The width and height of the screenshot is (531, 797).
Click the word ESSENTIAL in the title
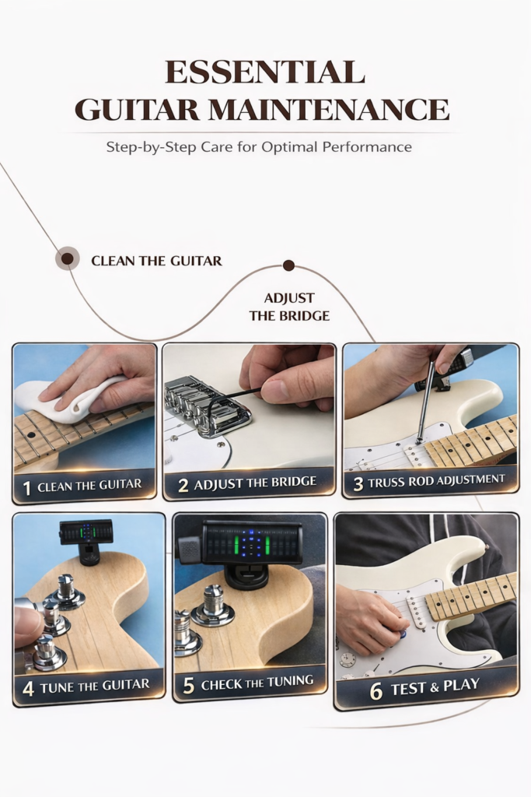(265, 72)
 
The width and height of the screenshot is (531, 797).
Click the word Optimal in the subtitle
(289, 147)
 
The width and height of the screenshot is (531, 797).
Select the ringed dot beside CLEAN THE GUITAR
(67, 258)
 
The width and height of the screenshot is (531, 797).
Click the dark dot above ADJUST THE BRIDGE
(289, 265)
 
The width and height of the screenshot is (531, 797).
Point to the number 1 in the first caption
(27, 489)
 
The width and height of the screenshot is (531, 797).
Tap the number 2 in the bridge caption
(183, 486)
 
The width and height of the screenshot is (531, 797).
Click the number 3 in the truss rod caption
(358, 484)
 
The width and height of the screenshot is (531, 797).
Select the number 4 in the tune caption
(29, 689)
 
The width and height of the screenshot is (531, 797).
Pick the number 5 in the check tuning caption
(188, 686)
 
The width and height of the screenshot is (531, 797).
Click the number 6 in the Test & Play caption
(376, 691)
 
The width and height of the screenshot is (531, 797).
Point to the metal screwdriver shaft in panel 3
(426, 402)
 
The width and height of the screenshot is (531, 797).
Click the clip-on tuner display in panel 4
(86, 532)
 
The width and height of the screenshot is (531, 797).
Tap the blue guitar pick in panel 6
(403, 634)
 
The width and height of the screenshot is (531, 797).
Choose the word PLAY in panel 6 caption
(461, 685)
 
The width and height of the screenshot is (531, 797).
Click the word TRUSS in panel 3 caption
(386, 482)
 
